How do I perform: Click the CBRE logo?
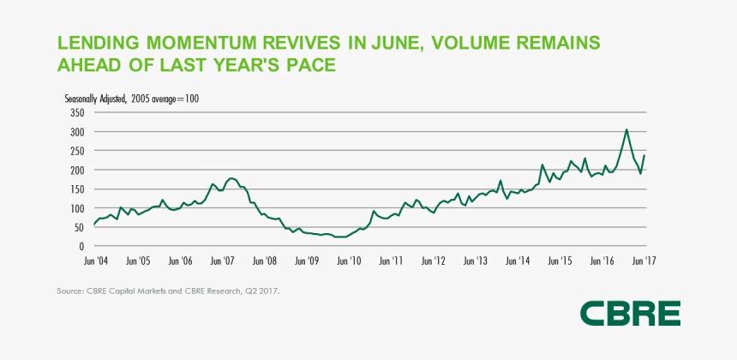click(x=630, y=314)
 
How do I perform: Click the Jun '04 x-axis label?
click(x=94, y=260)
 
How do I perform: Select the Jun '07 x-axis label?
click(x=223, y=260)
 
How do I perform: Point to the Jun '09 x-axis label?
click(x=307, y=260)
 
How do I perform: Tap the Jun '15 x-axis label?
click(x=560, y=260)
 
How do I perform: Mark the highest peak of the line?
click(x=626, y=129)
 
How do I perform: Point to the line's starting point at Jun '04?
click(x=94, y=225)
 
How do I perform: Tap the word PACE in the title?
click(x=304, y=65)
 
